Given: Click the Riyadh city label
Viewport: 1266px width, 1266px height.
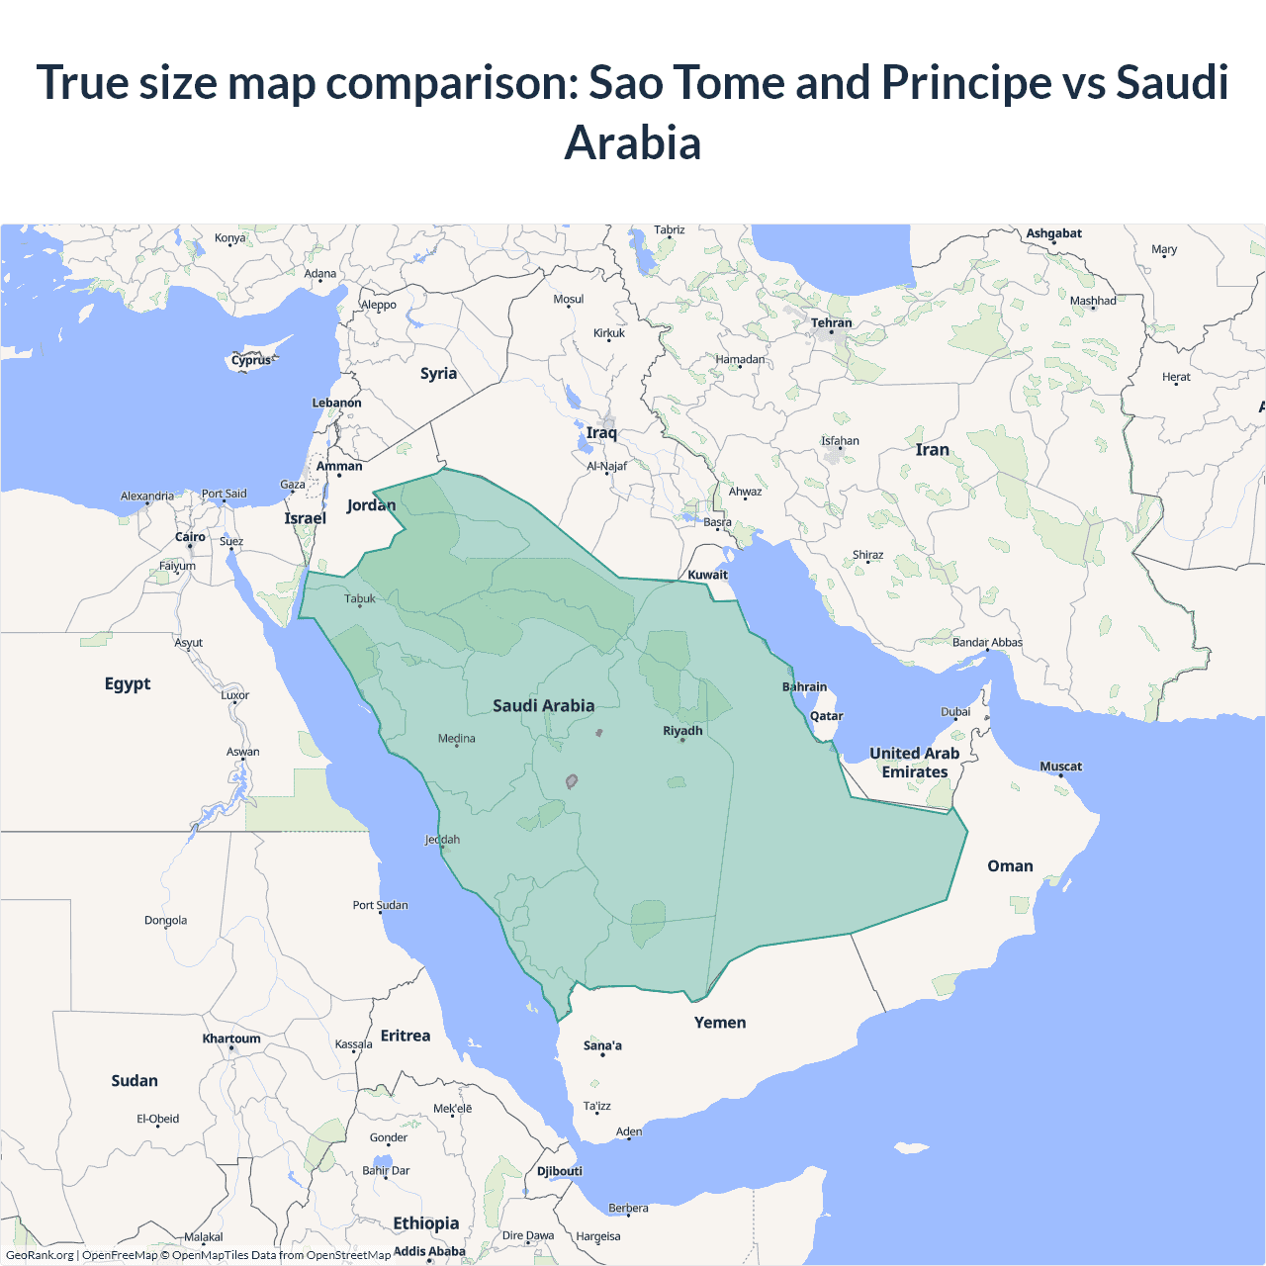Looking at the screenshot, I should click(682, 731).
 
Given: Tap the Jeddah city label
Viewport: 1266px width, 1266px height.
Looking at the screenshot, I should click(442, 840).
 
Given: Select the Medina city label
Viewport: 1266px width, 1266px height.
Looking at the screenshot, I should click(456, 739).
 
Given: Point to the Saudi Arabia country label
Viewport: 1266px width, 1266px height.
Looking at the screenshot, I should click(544, 705).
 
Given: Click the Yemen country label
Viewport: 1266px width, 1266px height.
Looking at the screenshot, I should click(720, 1023).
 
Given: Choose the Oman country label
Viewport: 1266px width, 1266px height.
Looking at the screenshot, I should click(1010, 866).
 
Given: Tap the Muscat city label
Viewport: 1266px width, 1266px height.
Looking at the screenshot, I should click(1060, 767).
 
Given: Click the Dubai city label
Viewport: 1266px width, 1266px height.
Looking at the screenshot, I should click(955, 712).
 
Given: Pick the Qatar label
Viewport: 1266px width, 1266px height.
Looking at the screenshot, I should click(827, 716).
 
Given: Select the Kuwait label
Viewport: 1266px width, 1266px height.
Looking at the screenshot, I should click(707, 575).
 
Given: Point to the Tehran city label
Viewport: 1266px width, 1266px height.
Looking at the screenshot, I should click(831, 322).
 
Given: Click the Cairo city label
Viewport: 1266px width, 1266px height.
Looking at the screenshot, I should click(190, 537).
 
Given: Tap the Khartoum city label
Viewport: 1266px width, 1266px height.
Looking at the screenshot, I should click(231, 1039).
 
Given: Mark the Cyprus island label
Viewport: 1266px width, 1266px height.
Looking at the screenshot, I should click(251, 360).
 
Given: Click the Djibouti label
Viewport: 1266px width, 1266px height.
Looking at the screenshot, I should click(560, 1171).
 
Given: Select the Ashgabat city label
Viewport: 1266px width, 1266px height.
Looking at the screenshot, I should click(1053, 233).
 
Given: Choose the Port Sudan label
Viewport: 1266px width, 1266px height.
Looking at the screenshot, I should click(380, 905).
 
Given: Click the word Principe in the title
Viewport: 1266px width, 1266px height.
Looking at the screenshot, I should click(966, 82).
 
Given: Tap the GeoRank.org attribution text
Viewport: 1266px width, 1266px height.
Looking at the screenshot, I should click(40, 1255).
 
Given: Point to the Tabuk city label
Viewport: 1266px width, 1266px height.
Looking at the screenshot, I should click(360, 598).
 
